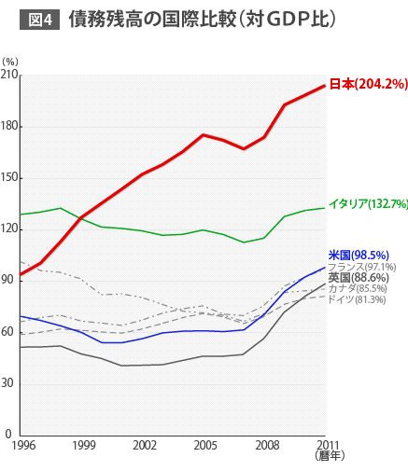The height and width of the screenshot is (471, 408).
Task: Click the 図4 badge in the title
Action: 40,19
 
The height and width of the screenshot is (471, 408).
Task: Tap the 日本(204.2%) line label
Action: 368,84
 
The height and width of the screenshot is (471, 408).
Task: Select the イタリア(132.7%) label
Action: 368,203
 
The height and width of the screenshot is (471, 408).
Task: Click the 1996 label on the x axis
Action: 23,445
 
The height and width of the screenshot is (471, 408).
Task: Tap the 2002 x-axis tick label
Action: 145,445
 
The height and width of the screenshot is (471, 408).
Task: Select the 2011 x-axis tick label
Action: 326,445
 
